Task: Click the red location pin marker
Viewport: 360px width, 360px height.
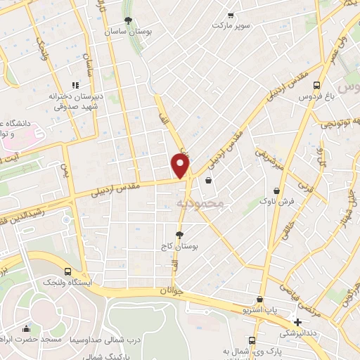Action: [x=181, y=165]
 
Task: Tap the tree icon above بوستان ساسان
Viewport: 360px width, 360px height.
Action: [x=128, y=21]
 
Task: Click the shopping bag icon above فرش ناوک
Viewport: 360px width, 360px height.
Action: [x=277, y=190]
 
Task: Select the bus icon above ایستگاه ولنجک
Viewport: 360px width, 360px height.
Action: [x=67, y=271]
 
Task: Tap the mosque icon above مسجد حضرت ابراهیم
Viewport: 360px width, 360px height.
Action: [x=26, y=328]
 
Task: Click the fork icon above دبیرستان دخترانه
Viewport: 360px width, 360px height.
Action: [x=75, y=85]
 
